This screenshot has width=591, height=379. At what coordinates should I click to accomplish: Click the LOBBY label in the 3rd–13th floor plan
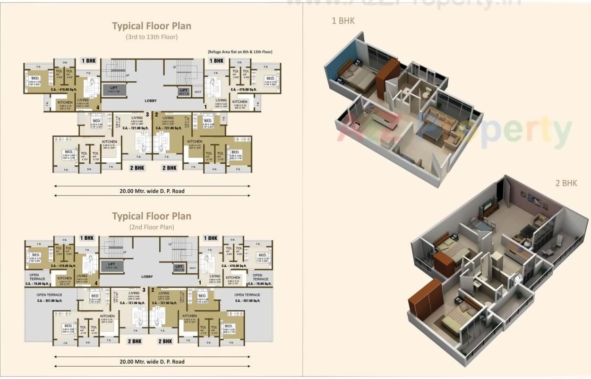pyautogui.click(x=151, y=101)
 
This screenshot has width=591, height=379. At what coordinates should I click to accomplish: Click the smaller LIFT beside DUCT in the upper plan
pyautogui.click(x=184, y=91)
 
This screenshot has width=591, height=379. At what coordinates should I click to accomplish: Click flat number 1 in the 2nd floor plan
pyautogui.click(x=199, y=283)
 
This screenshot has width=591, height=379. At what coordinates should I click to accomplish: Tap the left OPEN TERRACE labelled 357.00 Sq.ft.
pyautogui.click(x=49, y=297)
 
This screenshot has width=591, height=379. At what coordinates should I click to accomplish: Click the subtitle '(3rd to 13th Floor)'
pyautogui.click(x=152, y=37)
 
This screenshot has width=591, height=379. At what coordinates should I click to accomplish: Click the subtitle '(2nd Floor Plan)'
pyautogui.click(x=152, y=227)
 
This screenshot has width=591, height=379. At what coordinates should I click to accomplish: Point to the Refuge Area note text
pyautogui.click(x=240, y=52)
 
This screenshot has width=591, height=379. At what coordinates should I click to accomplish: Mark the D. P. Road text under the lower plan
pyautogui.click(x=152, y=362)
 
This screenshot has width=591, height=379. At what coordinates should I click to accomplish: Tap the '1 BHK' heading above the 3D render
pyautogui.click(x=343, y=21)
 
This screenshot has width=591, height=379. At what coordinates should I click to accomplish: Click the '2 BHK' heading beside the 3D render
pyautogui.click(x=566, y=183)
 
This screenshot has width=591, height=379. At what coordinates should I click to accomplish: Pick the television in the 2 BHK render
pyautogui.click(x=487, y=206)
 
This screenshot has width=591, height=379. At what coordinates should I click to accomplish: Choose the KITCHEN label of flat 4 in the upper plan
pyautogui.click(x=65, y=102)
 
